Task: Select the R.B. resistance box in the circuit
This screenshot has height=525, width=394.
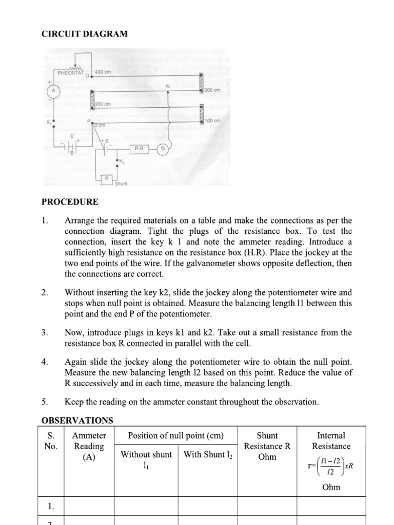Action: pyautogui.click(x=139, y=148)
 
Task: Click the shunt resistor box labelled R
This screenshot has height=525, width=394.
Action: pyautogui.click(x=107, y=178)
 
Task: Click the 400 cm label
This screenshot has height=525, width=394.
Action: pyautogui.click(x=103, y=72)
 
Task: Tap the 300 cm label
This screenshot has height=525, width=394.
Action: pyautogui.click(x=212, y=90)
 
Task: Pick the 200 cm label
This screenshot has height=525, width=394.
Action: pyautogui.click(x=103, y=104)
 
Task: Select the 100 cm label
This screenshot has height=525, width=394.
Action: pyautogui.click(x=212, y=120)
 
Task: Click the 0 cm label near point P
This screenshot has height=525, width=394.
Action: pyautogui.click(x=98, y=125)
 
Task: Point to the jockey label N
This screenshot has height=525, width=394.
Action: pyautogui.click(x=167, y=85)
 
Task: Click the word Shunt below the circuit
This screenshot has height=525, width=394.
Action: pyautogui.click(x=121, y=184)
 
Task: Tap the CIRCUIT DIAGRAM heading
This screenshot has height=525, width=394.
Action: pyautogui.click(x=85, y=34)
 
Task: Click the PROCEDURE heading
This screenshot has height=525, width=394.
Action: pyautogui.click(x=69, y=202)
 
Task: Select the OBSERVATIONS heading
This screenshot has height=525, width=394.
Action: pyautogui.click(x=77, y=420)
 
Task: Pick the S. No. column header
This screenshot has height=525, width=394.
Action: pyautogui.click(x=50, y=441)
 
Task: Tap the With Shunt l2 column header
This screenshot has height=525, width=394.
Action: pyautogui.click(x=207, y=455)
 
